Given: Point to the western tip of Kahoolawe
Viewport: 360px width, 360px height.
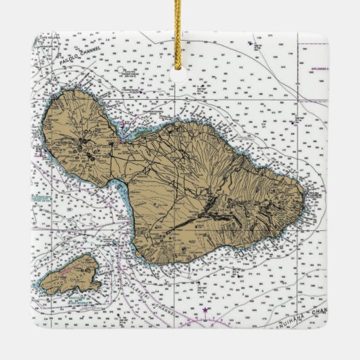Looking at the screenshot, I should click(40, 284).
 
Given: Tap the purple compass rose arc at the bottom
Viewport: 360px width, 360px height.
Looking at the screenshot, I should click(204, 319).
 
